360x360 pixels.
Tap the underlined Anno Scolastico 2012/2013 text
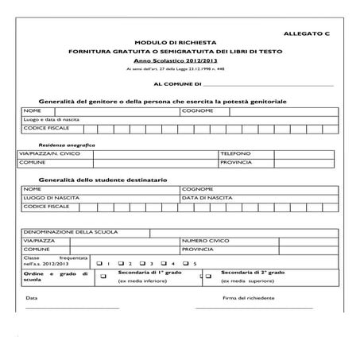180,61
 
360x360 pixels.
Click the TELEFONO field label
235,153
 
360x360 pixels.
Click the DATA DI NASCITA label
207,197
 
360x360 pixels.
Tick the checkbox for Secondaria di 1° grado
103,277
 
